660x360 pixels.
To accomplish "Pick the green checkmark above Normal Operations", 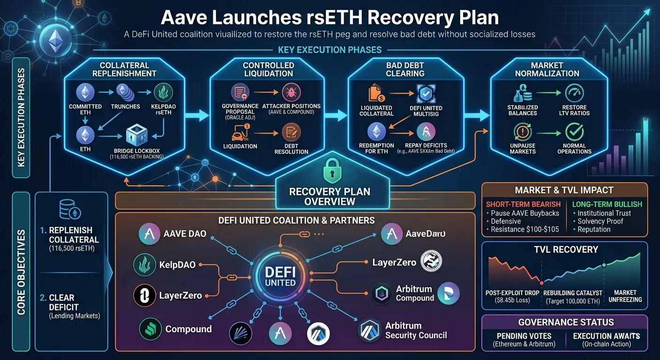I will (x=574, y=132).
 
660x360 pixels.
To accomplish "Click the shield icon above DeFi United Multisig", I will (x=426, y=93).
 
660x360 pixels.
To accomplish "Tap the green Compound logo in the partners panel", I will (x=150, y=329).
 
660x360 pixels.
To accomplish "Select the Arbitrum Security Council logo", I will (x=369, y=330).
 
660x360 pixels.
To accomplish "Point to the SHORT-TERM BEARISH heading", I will (x=523, y=204).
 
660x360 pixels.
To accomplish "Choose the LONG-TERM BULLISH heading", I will (x=607, y=204).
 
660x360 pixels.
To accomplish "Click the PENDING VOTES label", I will (x=523, y=336).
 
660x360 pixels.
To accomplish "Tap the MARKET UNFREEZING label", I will (x=624, y=296).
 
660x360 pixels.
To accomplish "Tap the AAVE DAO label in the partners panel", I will (x=185, y=233).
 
